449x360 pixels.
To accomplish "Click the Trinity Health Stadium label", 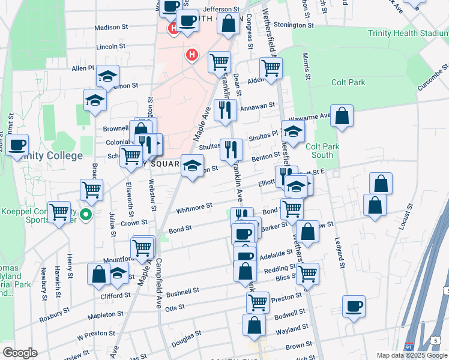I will coord(408,33).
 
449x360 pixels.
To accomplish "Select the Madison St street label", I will coord(111,27).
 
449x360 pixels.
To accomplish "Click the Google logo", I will coord(20,353).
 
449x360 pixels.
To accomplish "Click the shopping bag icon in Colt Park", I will coord(342,116).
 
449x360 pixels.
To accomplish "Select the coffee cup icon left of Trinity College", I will coord(17,145).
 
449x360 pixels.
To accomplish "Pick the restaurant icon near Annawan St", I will coord(225,110).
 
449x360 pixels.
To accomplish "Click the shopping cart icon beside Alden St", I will coord(271,68).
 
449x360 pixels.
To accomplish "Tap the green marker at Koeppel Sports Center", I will coord(86,214).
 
